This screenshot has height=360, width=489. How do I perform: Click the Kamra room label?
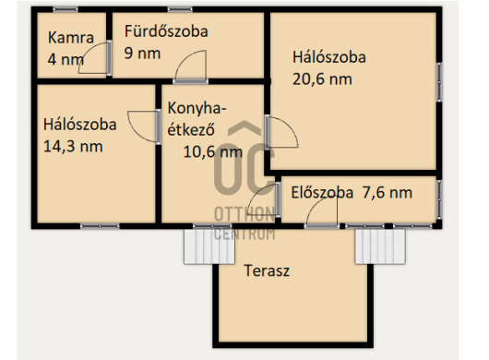71,38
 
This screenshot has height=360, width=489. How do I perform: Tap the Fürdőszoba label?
166,31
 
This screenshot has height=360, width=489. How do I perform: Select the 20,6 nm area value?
322,79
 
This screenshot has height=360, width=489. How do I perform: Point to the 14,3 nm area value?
73,147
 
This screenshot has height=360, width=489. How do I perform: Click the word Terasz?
267,270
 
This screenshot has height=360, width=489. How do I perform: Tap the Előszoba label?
322,193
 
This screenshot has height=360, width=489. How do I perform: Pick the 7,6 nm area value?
388,193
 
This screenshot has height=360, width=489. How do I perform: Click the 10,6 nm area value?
213,152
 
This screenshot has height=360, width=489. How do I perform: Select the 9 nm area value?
142,53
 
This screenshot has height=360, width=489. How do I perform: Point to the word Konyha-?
197,108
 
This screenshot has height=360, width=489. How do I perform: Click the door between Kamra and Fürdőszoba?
95,58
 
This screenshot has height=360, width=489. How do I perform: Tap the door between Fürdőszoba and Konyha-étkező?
191,67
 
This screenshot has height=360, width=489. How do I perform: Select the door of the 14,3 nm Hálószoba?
144,127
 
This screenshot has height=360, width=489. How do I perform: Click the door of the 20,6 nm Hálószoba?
281,132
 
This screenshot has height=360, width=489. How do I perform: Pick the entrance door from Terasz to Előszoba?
322,212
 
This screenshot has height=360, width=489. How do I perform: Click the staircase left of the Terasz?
209,246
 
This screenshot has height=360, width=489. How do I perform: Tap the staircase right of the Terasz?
380,246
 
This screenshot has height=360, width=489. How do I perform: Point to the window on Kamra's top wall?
66,9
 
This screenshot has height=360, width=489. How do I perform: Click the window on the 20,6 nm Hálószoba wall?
439,82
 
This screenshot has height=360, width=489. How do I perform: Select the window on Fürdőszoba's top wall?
180,9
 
